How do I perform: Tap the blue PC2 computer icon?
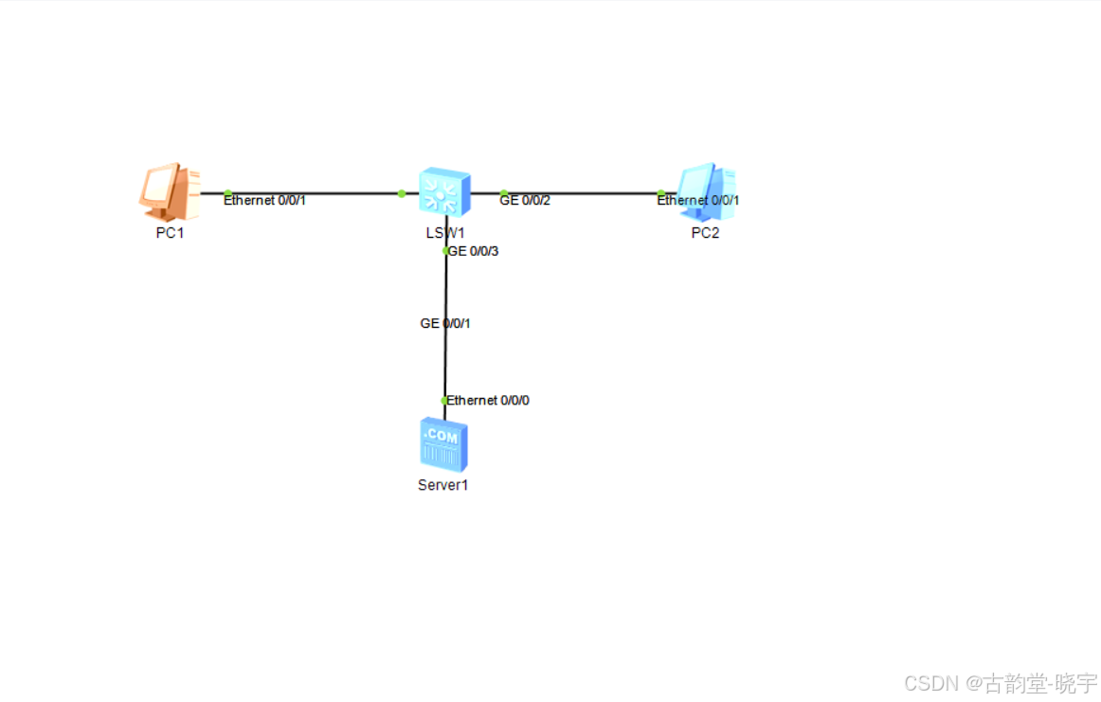[x=706, y=191]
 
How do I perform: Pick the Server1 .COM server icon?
[x=443, y=444]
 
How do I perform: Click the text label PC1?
[x=170, y=233]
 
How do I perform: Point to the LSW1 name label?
[x=445, y=233]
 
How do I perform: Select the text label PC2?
[x=705, y=233]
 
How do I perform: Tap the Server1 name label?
[x=443, y=485]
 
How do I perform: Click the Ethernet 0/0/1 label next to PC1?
[x=265, y=201]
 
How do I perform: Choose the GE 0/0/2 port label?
[x=525, y=201]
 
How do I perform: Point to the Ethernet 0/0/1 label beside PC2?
[x=698, y=201]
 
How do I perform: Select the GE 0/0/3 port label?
[x=473, y=251]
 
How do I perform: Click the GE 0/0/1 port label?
[x=445, y=323]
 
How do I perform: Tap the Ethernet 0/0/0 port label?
[x=488, y=401]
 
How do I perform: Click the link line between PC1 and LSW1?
[x=322, y=193]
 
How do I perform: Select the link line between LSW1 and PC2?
[x=587, y=193]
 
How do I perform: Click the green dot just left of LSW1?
[x=402, y=193]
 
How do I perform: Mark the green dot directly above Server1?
[x=444, y=401]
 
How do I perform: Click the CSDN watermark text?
[x=1000, y=682]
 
